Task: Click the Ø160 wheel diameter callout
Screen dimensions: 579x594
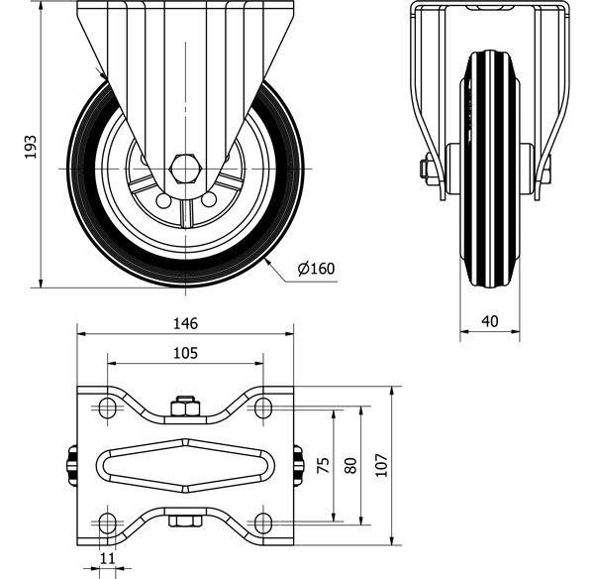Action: pos(316,267)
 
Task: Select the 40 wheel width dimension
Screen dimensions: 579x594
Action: pos(489,321)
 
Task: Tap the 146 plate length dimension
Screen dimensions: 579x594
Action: pos(186,323)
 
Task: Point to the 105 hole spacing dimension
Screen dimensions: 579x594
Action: pos(185,353)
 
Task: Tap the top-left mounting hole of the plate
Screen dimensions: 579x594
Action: pos(104,406)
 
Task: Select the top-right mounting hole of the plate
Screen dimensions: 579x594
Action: pos(262,406)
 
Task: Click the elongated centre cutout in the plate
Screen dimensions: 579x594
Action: pos(185,464)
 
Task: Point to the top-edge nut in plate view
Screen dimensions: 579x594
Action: pos(184,406)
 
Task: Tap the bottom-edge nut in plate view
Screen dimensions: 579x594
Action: pos(184,521)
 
